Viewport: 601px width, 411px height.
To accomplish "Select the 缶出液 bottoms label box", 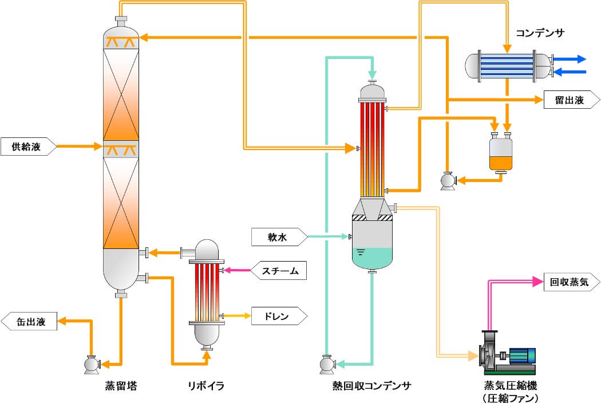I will pyautogui.click(x=29, y=322).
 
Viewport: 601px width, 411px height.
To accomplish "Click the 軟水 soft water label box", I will pyautogui.click(x=278, y=236).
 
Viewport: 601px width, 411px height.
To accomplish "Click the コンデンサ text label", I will pyautogui.click(x=540, y=33).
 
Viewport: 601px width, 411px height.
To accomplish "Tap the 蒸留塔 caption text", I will pyautogui.click(x=121, y=386).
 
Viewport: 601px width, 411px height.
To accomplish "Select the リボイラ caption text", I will pyautogui.click(x=204, y=386).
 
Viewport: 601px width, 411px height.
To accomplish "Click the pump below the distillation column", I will pyautogui.click(x=91, y=364).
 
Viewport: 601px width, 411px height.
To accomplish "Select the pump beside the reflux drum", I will pyautogui.click(x=447, y=180).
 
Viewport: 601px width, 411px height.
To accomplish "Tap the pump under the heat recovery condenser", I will pyautogui.click(x=327, y=364).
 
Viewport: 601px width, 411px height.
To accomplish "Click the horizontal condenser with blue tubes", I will pyautogui.click(x=507, y=65).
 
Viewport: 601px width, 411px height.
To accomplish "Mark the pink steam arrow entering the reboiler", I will pyautogui.click(x=235, y=270).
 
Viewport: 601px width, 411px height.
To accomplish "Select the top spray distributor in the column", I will pyautogui.click(x=121, y=41).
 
